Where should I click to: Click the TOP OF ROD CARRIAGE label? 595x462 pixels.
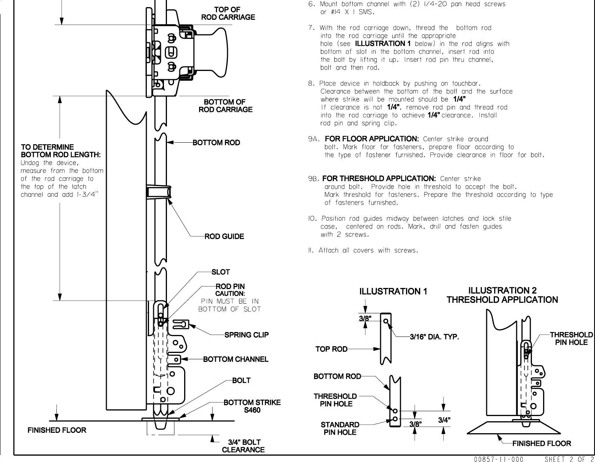[228, 13]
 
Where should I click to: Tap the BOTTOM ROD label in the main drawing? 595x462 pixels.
[216, 143]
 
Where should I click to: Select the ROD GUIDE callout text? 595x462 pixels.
[224, 236]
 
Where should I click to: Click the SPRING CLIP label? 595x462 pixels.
[246, 335]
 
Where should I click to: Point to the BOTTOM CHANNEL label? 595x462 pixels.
[235, 359]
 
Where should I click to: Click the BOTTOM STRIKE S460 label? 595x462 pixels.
[252, 406]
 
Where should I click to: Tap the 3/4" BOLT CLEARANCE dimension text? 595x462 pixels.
[243, 446]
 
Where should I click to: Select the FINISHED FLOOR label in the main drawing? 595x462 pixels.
[57, 430]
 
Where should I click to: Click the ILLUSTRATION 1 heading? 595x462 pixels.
[393, 291]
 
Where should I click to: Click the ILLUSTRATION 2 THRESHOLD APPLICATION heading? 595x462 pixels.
[502, 295]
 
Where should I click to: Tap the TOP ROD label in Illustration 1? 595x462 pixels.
[331, 349]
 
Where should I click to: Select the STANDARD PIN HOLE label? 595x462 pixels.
[340, 428]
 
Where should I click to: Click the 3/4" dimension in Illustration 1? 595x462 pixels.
[444, 420]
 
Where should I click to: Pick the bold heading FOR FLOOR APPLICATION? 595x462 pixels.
[372, 139]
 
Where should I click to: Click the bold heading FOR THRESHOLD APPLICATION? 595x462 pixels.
[379, 179]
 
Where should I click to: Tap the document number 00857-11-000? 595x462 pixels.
[499, 459]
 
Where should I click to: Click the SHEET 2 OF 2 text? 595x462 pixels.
[569, 459]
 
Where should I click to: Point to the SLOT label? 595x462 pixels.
[220, 272]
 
